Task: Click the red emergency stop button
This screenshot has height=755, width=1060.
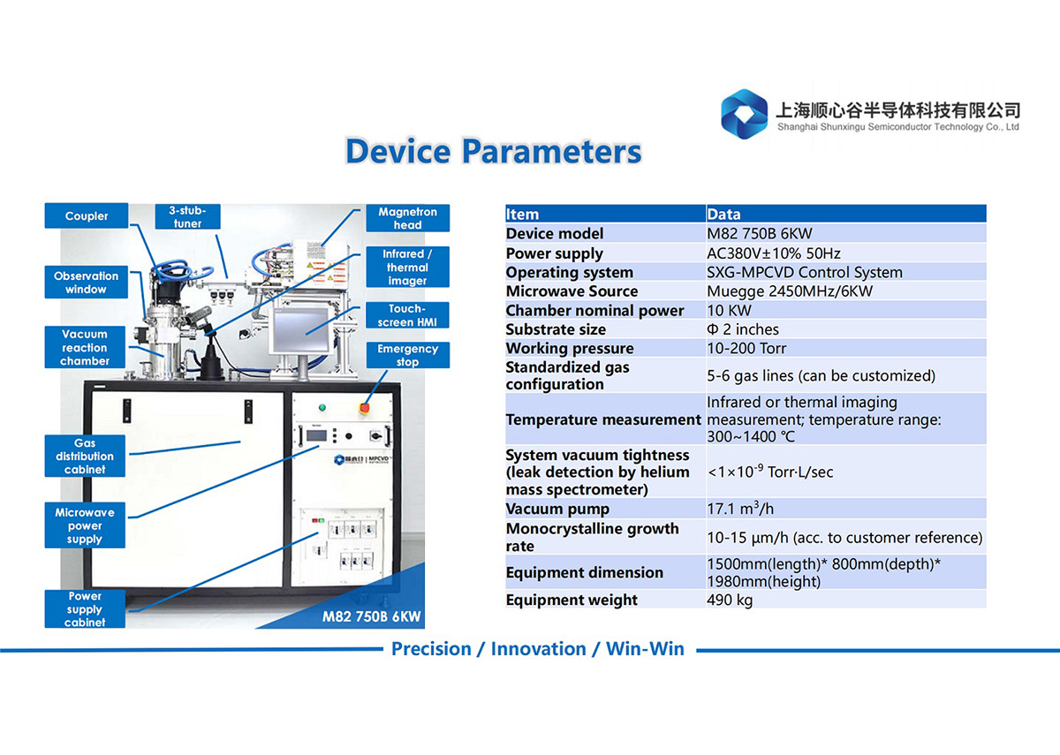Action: [364, 407]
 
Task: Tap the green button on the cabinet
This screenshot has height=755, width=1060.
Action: [322, 407]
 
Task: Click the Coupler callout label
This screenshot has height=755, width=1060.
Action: [87, 215]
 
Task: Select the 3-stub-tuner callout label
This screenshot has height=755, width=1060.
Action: [187, 216]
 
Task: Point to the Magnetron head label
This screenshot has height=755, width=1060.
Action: [407, 218]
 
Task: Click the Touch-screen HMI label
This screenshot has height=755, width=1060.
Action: [407, 315]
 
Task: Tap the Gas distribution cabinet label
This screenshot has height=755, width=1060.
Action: [85, 456]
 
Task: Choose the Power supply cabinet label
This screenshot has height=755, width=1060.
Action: [85, 608]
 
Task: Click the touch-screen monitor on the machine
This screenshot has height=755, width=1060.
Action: [300, 329]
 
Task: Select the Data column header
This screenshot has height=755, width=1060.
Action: [723, 215]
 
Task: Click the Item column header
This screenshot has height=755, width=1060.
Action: [522, 215]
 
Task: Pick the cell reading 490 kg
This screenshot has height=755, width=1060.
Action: [730, 600]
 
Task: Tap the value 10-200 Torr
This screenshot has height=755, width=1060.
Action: [746, 348]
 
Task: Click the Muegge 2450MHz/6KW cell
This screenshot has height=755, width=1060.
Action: [790, 291]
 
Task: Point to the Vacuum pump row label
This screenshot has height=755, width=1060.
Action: [557, 509]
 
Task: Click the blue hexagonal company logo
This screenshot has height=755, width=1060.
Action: [744, 114]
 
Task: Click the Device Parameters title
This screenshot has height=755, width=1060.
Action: [494, 151]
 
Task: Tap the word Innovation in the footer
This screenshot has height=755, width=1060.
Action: [539, 649]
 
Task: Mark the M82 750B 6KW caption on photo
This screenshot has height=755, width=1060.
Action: [372, 616]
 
